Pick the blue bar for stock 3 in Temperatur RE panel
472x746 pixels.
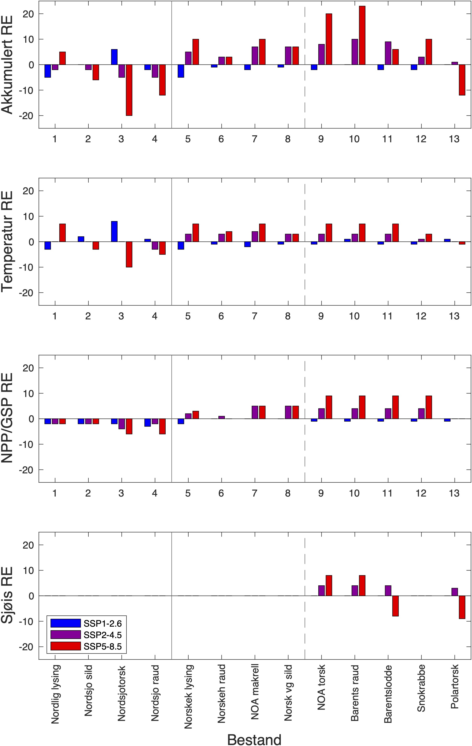pos(114,231)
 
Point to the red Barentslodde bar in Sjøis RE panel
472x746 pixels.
pos(395,606)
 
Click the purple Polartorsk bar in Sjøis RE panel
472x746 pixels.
pos(455,592)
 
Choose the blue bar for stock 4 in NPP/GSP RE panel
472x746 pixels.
pos(148,423)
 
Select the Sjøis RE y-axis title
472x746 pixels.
pos(7,595)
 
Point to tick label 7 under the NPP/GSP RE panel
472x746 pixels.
pos(254,493)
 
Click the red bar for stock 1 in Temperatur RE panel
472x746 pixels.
pos(62,233)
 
